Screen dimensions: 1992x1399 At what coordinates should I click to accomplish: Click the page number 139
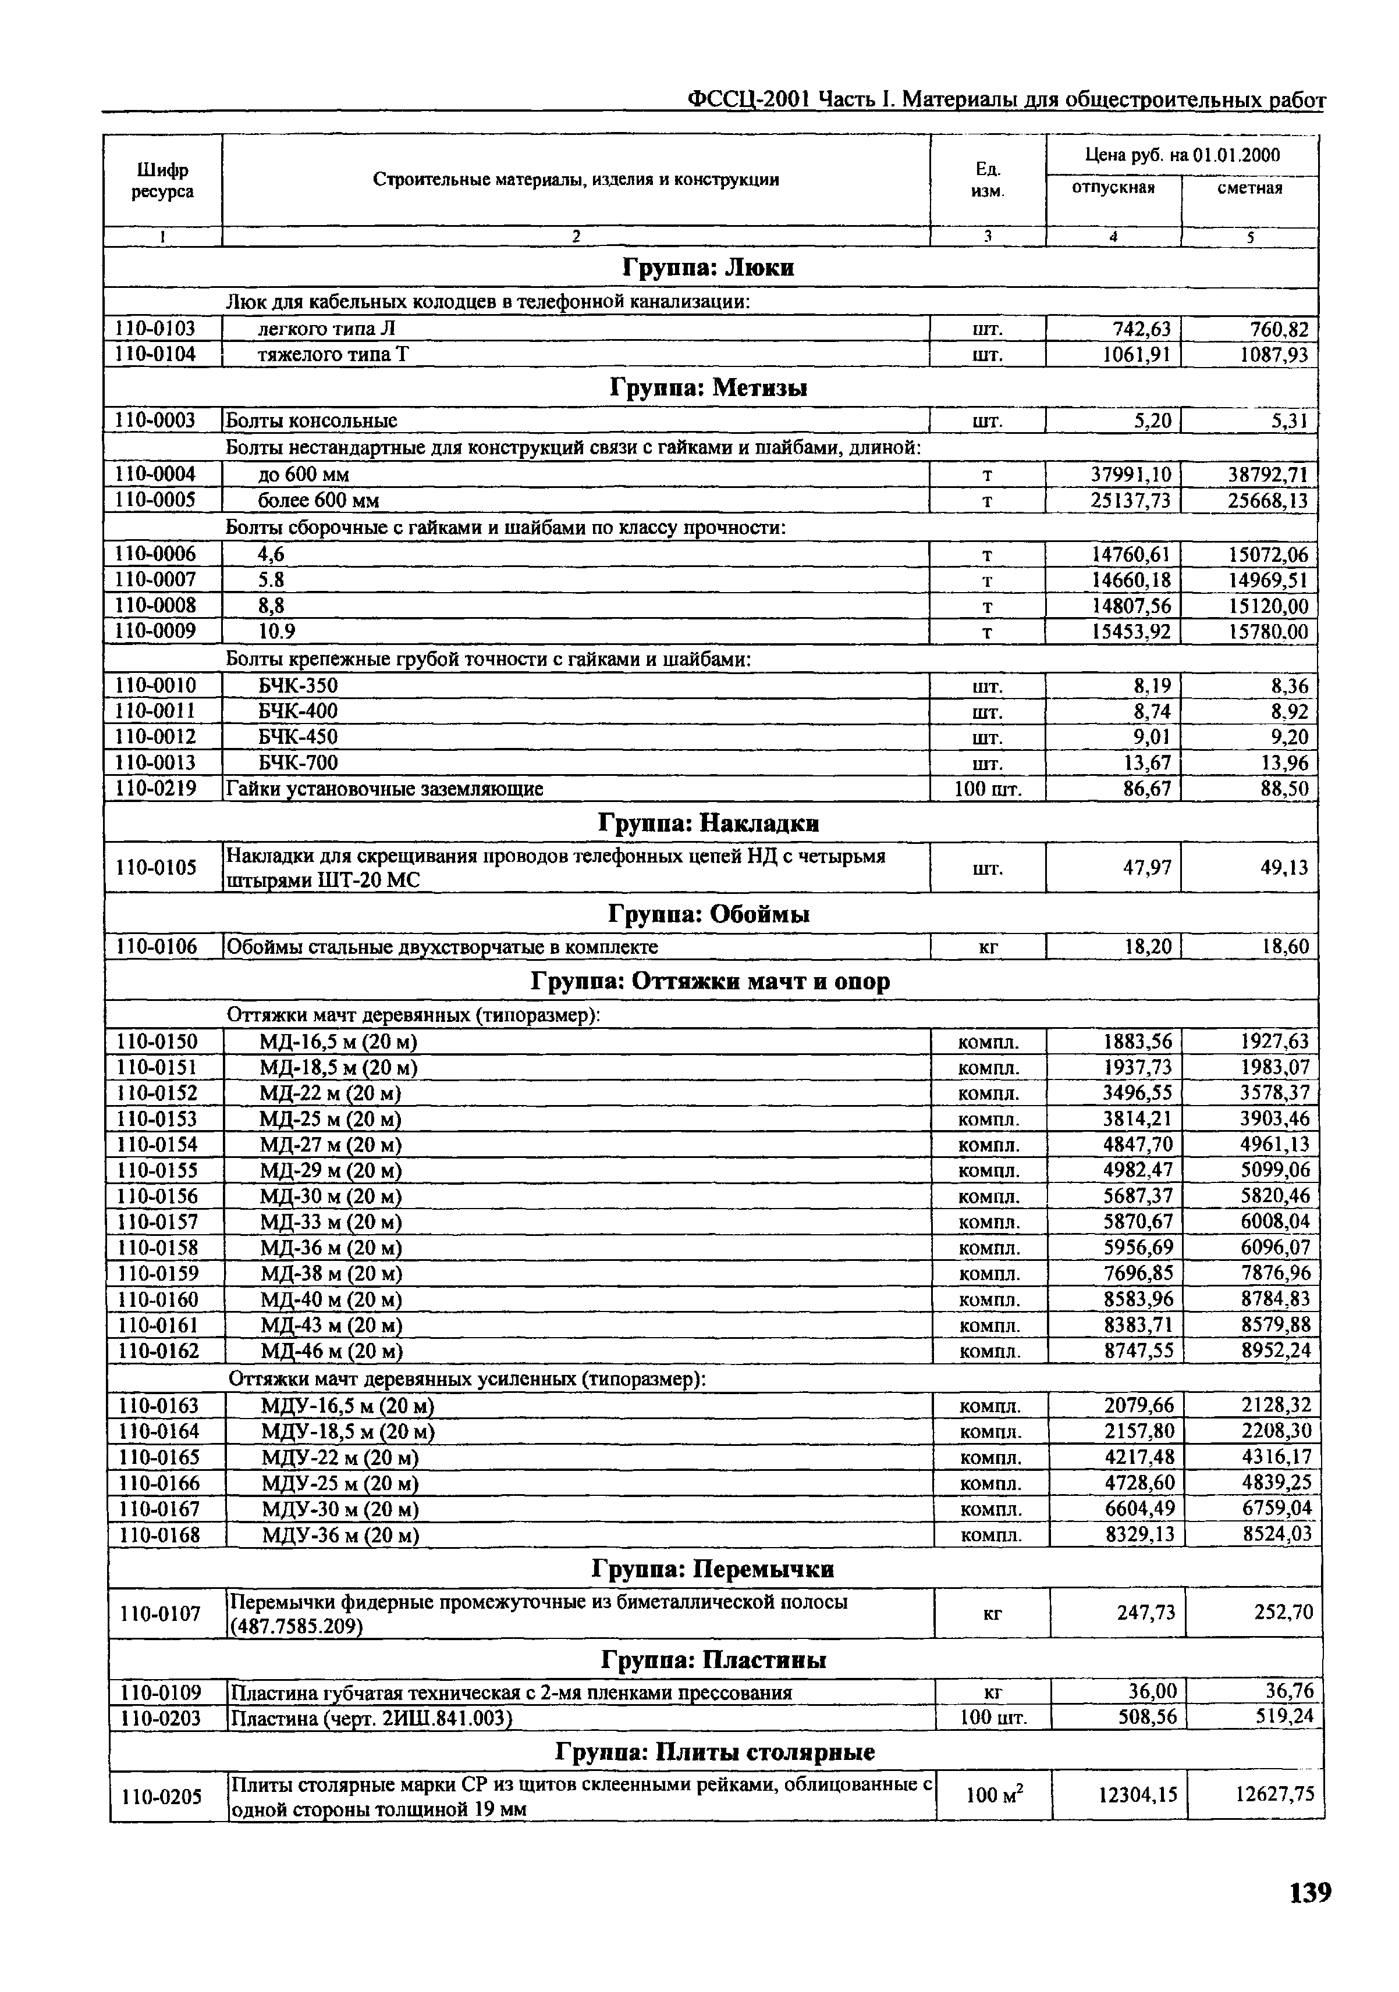point(1309,1892)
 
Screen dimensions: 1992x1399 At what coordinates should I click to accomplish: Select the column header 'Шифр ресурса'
point(162,180)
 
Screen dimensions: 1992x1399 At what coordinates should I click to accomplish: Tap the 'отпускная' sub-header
point(1113,188)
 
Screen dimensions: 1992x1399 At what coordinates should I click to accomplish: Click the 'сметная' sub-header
point(1249,188)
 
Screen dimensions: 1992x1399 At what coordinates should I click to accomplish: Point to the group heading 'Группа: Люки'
point(709,267)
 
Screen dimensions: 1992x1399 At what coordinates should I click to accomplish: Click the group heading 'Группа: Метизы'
point(709,388)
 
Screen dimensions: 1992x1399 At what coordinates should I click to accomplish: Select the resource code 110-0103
point(155,328)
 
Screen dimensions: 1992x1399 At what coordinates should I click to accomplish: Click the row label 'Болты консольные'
point(311,421)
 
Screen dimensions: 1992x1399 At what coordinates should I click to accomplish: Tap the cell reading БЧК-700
point(298,762)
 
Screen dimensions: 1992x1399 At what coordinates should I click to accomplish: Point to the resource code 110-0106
point(156,946)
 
